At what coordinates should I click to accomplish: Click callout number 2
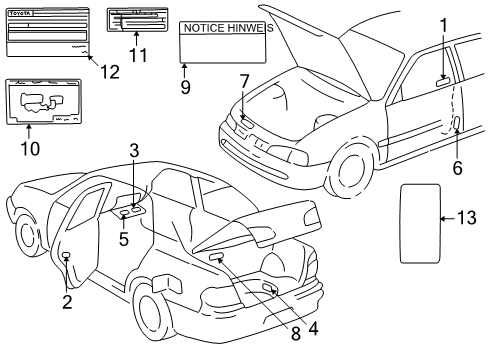pyautogui.click(x=67, y=300)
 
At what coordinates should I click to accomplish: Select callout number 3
pyautogui.click(x=133, y=151)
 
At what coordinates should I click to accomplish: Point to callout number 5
pyautogui.click(x=125, y=239)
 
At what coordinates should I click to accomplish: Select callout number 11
pyautogui.click(x=138, y=54)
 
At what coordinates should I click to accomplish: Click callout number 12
pyautogui.click(x=108, y=71)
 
